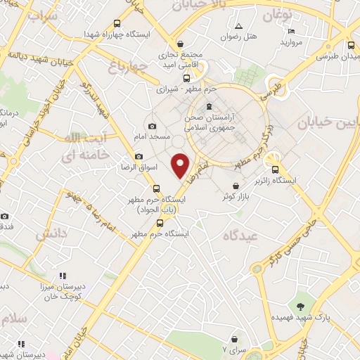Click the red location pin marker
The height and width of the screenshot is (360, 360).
181,165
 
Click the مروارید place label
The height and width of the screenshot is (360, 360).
290,43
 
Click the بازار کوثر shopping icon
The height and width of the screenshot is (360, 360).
236,186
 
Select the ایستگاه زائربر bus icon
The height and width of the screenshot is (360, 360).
275,169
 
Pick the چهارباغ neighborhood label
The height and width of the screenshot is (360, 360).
128,67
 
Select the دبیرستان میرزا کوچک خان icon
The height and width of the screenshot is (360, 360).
62,276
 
